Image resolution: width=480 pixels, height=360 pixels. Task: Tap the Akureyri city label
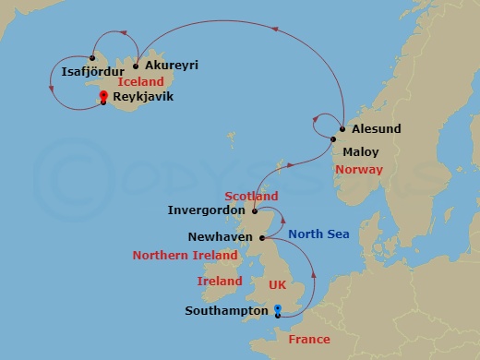point(171,66)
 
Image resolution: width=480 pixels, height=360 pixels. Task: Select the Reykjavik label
point(143,96)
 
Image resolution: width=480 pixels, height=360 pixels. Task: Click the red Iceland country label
point(141,81)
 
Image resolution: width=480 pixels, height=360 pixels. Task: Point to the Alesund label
point(377,129)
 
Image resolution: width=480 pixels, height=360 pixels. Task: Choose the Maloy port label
point(360,150)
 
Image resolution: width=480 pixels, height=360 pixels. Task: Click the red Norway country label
point(359,170)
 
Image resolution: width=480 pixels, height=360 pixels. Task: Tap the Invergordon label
point(206,210)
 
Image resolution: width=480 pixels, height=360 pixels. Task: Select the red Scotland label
point(251,197)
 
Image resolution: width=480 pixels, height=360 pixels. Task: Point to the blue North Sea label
point(318,234)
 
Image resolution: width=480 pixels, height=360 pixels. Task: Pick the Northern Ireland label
point(180,256)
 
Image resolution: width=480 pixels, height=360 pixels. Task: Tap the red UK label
point(277,286)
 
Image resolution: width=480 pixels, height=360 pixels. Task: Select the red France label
point(308,340)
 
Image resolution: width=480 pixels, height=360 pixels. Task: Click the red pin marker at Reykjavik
point(104,95)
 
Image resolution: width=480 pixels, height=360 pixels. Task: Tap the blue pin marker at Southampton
point(278,310)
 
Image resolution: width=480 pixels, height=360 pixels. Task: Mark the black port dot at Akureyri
point(136,66)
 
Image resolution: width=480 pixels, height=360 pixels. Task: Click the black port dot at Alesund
point(342,129)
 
